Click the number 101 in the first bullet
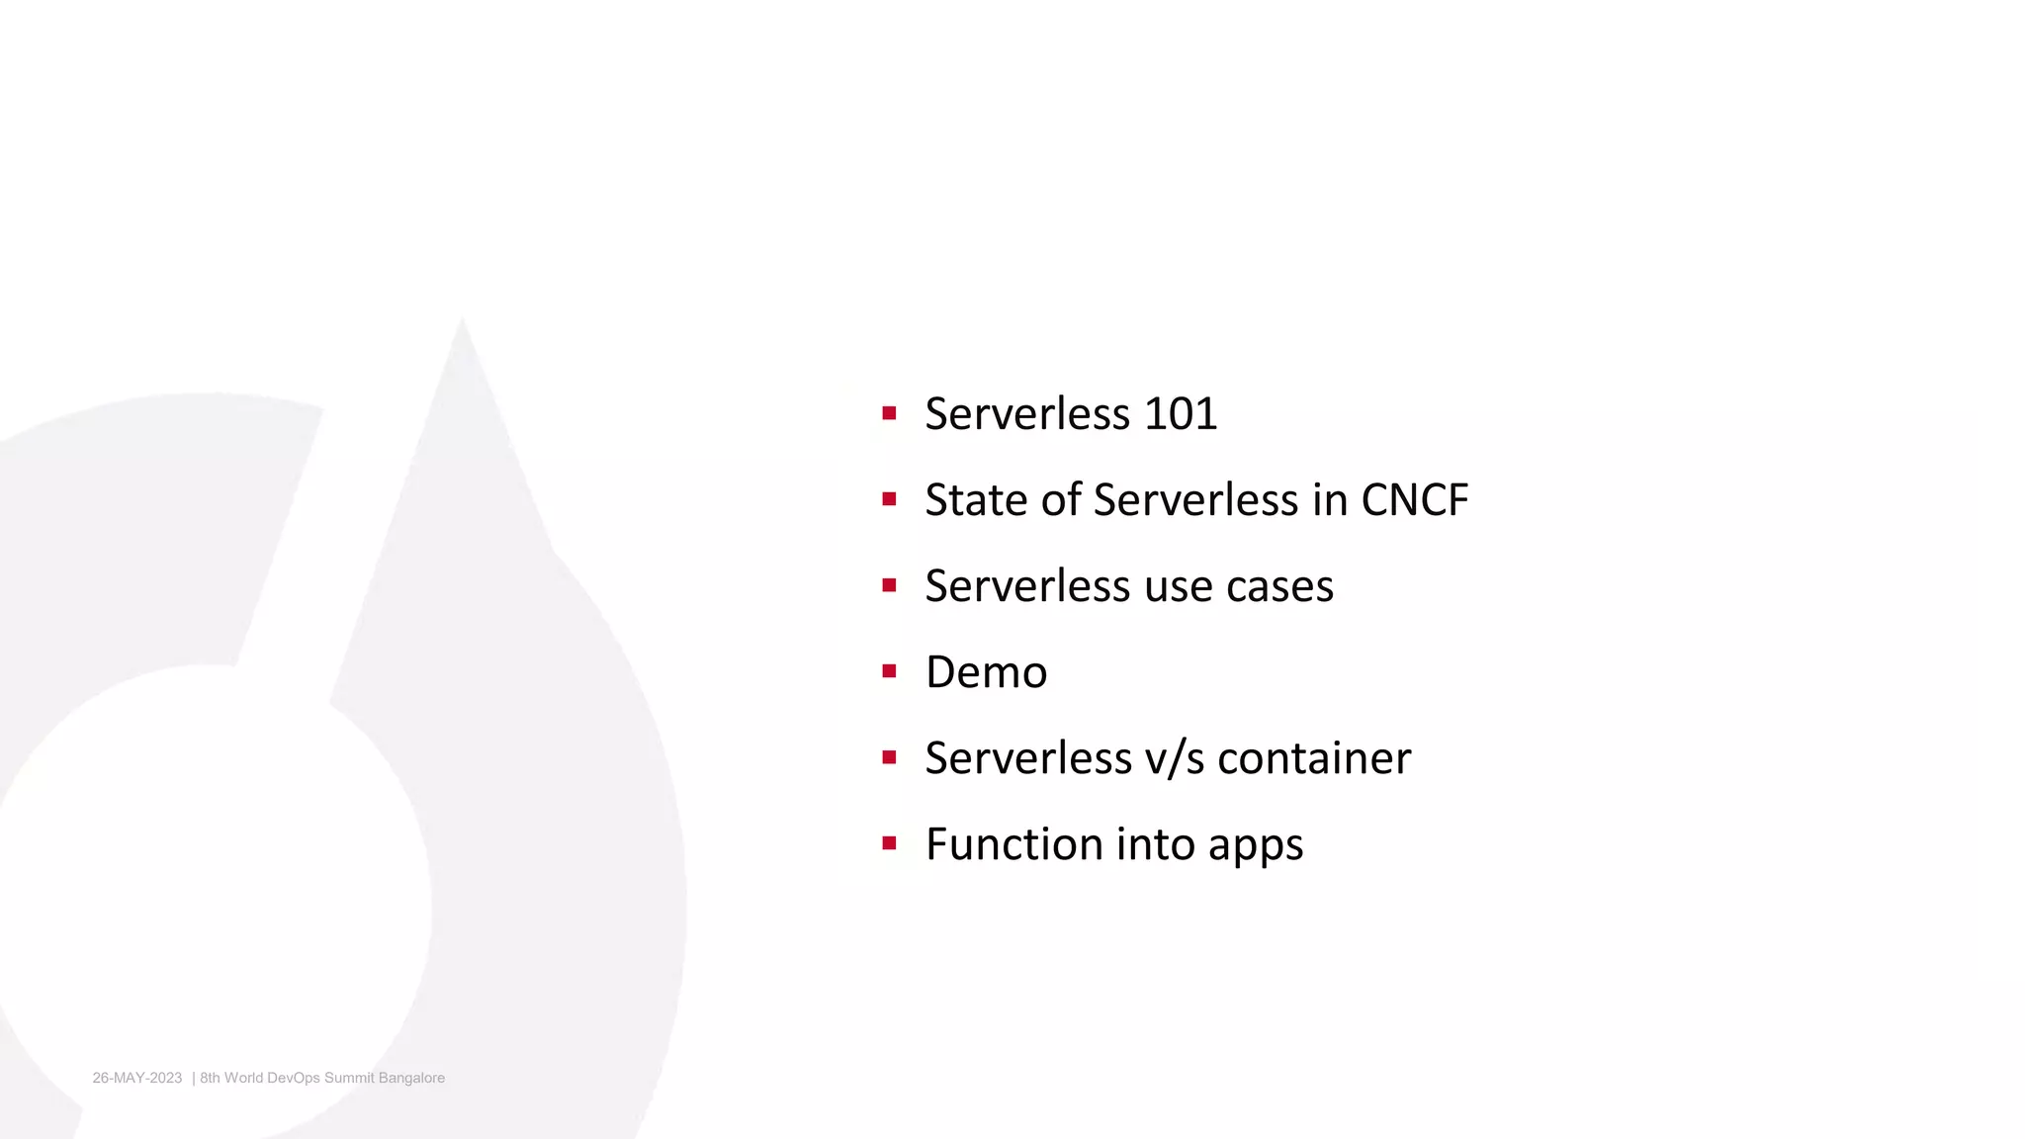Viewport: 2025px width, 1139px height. (x=1180, y=413)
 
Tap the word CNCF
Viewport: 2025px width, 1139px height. (x=1414, y=499)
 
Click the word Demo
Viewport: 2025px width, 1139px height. (x=986, y=672)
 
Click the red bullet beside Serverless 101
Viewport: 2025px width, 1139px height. (x=889, y=413)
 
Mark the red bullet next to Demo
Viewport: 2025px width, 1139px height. (x=889, y=671)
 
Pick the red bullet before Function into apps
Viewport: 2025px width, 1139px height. (x=889, y=843)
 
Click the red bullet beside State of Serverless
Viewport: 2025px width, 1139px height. (x=889, y=499)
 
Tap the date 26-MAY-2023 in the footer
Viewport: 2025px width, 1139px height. (x=137, y=1078)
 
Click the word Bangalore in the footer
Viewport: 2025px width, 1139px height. (x=411, y=1078)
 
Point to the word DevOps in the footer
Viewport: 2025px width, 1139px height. (x=294, y=1078)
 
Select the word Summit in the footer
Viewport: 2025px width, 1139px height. (x=349, y=1078)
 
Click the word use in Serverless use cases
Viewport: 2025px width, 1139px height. (x=1179, y=586)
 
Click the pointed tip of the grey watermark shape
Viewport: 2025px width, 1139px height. (x=463, y=321)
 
